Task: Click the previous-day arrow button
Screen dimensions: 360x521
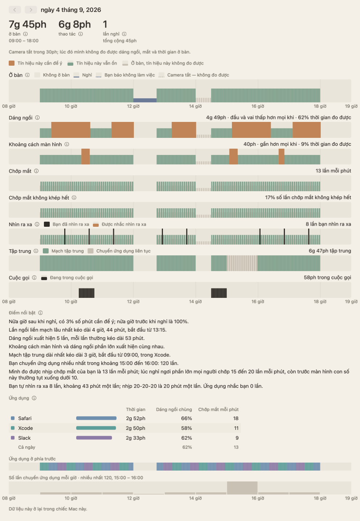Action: (x=15, y=10)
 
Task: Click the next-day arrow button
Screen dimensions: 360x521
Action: (x=31, y=10)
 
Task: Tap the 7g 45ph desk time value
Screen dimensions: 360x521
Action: (x=28, y=24)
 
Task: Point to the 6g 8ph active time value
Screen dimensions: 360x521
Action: (x=74, y=24)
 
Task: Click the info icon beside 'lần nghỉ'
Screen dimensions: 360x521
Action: (x=124, y=34)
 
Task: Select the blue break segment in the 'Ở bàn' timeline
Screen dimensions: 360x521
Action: (x=145, y=100)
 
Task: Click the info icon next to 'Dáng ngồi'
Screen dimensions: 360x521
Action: (x=37, y=118)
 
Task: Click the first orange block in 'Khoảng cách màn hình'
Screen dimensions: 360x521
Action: (x=86, y=156)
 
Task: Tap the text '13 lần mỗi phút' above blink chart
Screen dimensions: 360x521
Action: (x=333, y=171)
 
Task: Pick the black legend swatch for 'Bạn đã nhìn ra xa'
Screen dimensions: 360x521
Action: (x=47, y=224)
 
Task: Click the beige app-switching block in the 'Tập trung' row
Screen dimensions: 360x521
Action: (x=242, y=263)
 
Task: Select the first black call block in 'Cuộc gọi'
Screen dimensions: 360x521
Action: (x=87, y=293)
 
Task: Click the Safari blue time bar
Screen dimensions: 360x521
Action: (x=96, y=418)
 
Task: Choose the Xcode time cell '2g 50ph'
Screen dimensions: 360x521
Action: (x=135, y=428)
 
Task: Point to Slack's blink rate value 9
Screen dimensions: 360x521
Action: (x=237, y=438)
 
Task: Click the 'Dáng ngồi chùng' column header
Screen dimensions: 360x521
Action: (x=174, y=409)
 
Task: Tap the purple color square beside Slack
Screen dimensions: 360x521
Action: (x=13, y=438)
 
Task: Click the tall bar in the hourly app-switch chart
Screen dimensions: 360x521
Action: (x=242, y=488)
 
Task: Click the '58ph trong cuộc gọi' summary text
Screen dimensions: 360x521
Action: (x=327, y=278)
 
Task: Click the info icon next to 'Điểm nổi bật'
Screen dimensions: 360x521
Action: (x=40, y=313)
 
